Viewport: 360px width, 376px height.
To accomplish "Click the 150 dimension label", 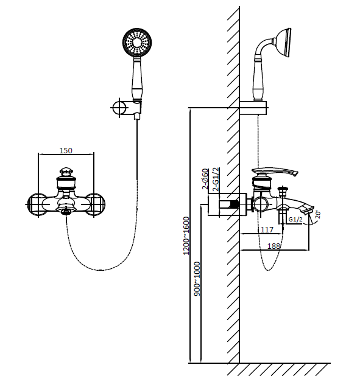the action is pyautogui.click(x=66, y=150).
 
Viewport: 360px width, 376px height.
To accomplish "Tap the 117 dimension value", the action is pyautogui.click(x=267, y=229).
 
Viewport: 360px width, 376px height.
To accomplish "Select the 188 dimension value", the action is pyautogui.click(x=274, y=246).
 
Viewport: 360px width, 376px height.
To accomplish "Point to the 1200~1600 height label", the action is pyautogui.click(x=186, y=235).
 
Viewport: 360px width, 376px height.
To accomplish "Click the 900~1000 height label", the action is pyautogui.click(x=197, y=279).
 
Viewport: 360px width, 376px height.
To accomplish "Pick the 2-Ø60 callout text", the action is pyautogui.click(x=205, y=179).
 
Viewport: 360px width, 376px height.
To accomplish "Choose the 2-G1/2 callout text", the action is pyautogui.click(x=216, y=179).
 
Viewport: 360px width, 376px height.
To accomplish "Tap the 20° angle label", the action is pyautogui.click(x=317, y=214).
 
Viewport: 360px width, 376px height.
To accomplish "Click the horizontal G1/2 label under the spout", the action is pyautogui.click(x=295, y=219).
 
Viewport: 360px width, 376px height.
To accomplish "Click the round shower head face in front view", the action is pyautogui.click(x=137, y=43).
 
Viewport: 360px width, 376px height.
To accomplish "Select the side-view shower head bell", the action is pyautogui.click(x=283, y=43).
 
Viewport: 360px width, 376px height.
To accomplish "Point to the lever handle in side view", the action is pyautogui.click(x=275, y=172).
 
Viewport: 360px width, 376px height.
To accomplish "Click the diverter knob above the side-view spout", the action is pyautogui.click(x=283, y=190).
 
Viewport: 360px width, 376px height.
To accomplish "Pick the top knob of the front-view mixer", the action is pyautogui.click(x=66, y=172).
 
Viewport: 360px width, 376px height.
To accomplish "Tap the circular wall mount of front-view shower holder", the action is pyautogui.click(x=119, y=108).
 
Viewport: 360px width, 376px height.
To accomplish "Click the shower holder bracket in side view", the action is pyautogui.click(x=253, y=108).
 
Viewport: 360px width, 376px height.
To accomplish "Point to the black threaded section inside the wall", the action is pyautogui.click(x=234, y=204).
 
